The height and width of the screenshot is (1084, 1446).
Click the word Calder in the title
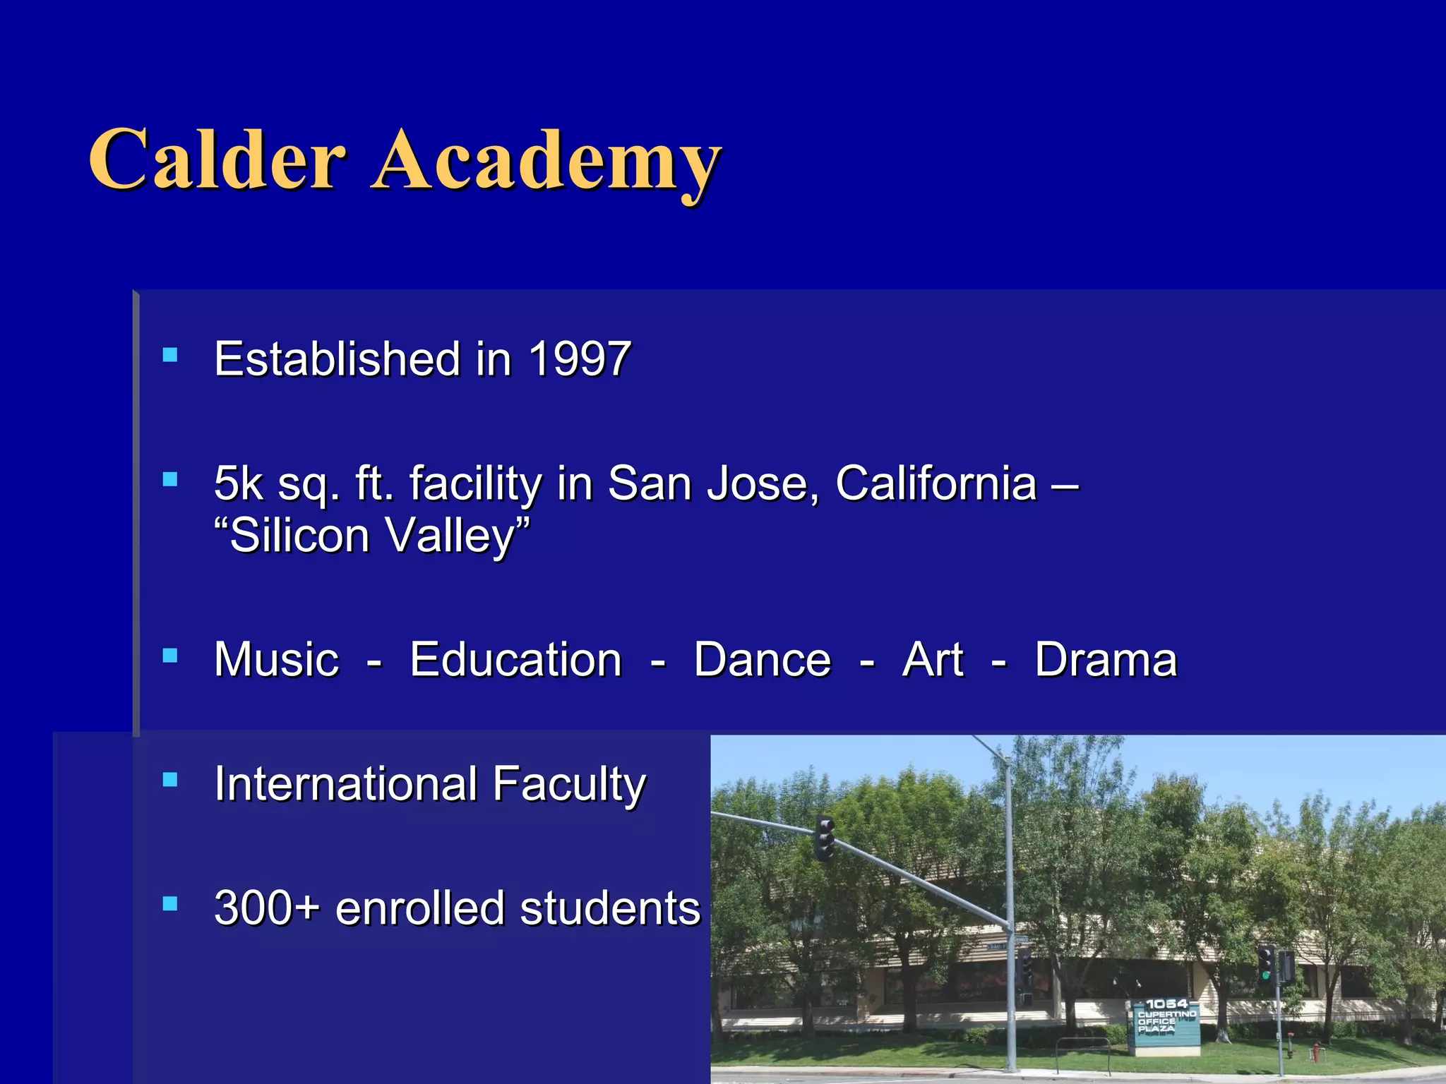coord(217,160)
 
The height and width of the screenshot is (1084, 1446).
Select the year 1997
coord(580,359)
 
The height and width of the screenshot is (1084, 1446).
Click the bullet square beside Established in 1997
coord(170,354)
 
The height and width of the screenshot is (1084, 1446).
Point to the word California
coord(936,484)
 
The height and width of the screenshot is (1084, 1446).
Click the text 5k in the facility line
coord(239,484)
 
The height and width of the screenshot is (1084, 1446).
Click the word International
coord(346,784)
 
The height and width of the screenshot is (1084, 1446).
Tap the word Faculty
coord(569,785)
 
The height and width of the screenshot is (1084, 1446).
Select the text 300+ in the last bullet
coord(267,908)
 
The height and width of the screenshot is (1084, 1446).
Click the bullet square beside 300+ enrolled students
coord(170,904)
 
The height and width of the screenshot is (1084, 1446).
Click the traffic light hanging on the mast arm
coord(825,838)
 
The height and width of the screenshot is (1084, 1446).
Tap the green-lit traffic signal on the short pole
coord(1266,964)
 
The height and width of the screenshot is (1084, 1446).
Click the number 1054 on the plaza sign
coord(1166,1004)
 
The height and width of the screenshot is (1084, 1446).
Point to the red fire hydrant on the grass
coord(1315,1052)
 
